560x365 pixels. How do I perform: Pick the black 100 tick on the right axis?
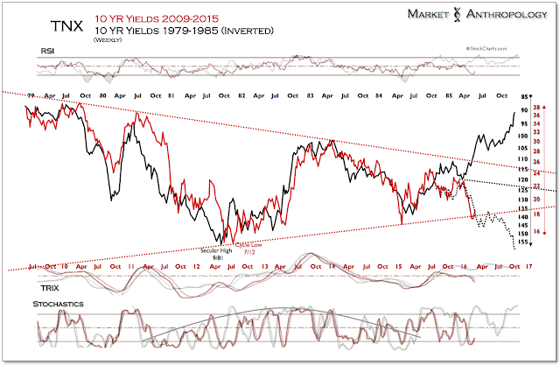click(x=523, y=136)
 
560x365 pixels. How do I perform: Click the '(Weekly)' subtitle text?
click(x=107, y=39)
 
